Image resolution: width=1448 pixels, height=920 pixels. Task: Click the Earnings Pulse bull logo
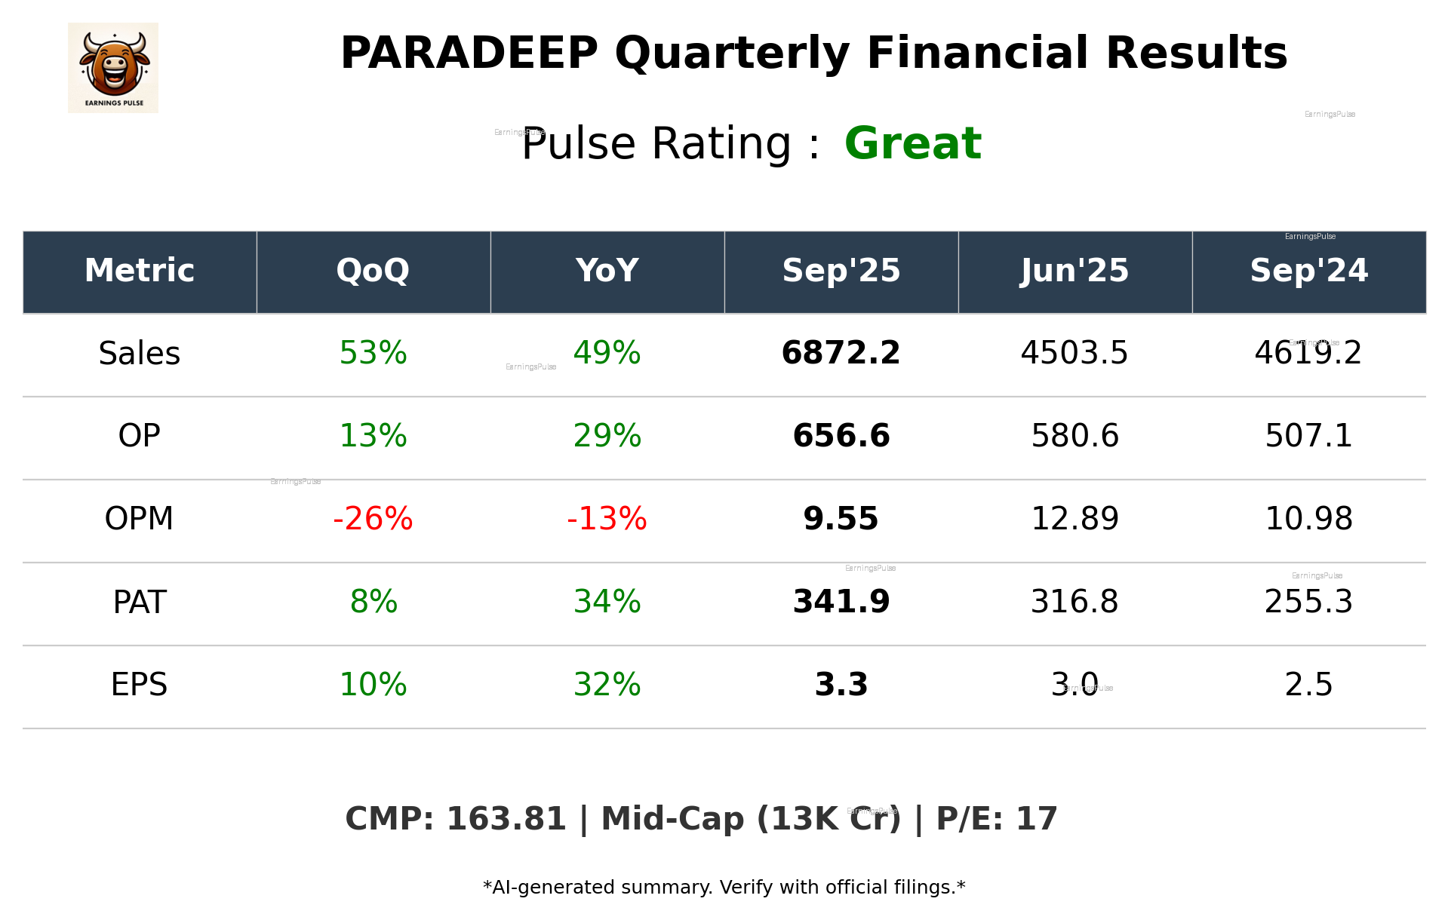click(x=113, y=68)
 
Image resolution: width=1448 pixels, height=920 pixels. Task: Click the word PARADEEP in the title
click(x=469, y=54)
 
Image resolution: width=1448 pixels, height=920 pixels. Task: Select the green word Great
click(x=912, y=143)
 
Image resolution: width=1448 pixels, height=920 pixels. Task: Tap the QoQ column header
click(x=373, y=271)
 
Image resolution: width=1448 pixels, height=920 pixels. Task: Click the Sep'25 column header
click(x=841, y=271)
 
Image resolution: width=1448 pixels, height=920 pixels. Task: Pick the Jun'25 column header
click(x=1074, y=271)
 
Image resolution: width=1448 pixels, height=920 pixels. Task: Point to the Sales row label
click(x=140, y=354)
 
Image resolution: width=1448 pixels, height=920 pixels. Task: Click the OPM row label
click(x=140, y=519)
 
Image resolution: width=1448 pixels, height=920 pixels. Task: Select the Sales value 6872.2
click(x=841, y=353)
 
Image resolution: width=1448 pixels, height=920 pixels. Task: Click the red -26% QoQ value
click(x=373, y=519)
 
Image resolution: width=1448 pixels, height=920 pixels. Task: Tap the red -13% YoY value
click(x=607, y=519)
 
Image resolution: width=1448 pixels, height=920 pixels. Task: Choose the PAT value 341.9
click(x=841, y=602)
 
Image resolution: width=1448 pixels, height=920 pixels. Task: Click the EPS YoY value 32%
click(x=607, y=685)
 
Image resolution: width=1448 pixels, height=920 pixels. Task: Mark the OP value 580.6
click(x=1074, y=436)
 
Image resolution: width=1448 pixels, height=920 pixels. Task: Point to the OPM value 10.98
click(x=1308, y=519)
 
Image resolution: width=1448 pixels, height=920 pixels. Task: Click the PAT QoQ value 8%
click(x=373, y=602)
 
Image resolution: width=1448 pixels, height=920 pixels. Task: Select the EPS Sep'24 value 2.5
click(x=1308, y=685)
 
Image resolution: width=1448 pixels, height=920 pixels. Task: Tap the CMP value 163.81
click(x=506, y=820)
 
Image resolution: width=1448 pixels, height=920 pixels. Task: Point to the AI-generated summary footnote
click(x=724, y=888)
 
